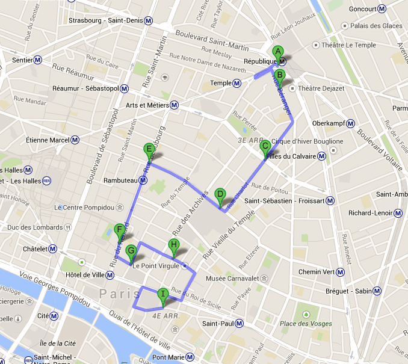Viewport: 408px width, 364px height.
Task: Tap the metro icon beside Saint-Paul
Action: tap(240, 323)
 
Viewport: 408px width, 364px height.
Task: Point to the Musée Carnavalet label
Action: tap(232, 278)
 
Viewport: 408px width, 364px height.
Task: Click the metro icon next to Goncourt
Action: tap(381, 9)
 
